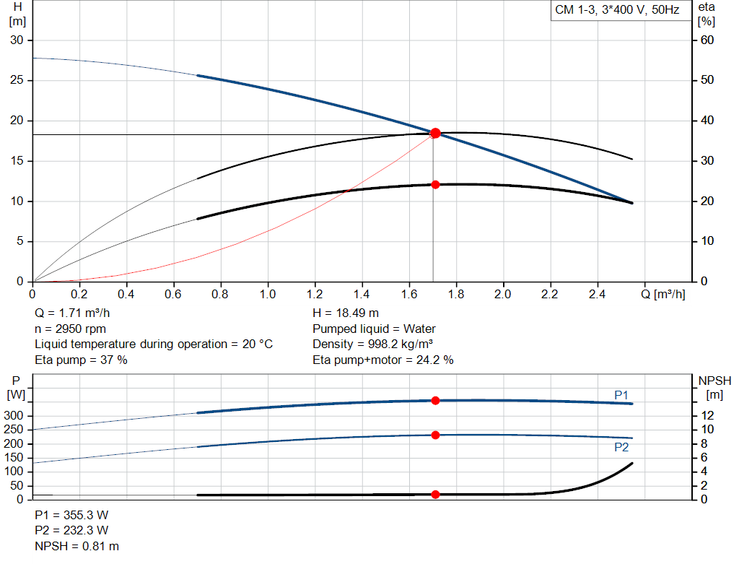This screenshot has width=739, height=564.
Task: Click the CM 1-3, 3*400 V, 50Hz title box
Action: [x=617, y=11]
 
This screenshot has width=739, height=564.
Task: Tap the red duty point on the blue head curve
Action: [x=435, y=133]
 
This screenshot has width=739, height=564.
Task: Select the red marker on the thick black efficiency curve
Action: [x=435, y=185]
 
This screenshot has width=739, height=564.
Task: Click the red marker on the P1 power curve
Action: [x=435, y=400]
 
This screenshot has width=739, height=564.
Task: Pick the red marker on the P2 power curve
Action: [x=435, y=435]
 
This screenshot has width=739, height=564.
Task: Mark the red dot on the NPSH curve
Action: [x=435, y=494]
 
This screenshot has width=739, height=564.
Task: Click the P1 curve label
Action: [x=621, y=394]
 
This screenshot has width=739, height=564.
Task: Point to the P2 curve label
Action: [x=621, y=447]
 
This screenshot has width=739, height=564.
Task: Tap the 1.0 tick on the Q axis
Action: [x=268, y=295]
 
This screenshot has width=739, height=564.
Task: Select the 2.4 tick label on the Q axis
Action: [x=597, y=295]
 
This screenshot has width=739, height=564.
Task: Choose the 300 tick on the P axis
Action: [x=16, y=415]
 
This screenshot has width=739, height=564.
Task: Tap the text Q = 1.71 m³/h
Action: [x=73, y=313]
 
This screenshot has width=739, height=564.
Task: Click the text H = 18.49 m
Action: [x=346, y=313]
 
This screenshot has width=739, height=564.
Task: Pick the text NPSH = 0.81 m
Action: [x=77, y=546]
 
